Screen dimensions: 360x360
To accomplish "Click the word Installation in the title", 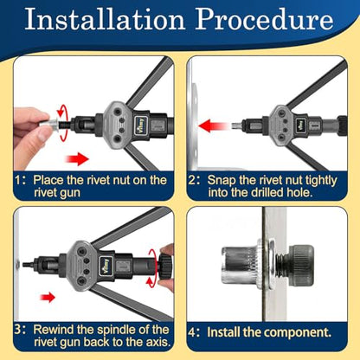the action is click(x=105, y=19).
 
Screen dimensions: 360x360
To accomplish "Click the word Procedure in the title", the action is click(x=264, y=19).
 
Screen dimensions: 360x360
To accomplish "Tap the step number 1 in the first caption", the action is click(x=18, y=180).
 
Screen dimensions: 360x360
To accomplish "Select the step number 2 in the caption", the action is click(x=192, y=180).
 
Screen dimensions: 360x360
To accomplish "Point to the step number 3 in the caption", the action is click(x=17, y=330).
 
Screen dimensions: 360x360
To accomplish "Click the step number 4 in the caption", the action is click(x=192, y=332).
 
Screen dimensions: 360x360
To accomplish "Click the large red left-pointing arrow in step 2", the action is click(x=214, y=126).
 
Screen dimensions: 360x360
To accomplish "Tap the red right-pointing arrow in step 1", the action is click(x=77, y=158).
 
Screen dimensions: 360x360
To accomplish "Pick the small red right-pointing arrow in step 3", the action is click(x=48, y=297).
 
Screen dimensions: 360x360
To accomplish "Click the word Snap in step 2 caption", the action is click(x=221, y=181).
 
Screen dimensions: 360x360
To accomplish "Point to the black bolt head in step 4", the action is click(x=301, y=264).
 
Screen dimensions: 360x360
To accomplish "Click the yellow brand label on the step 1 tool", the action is click(x=141, y=125).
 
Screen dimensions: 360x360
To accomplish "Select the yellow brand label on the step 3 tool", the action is click(x=106, y=266).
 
